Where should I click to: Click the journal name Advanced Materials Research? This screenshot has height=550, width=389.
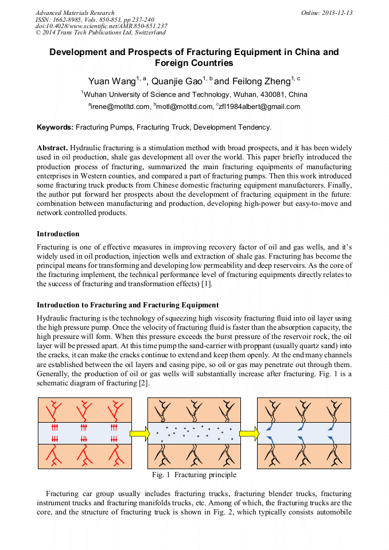(75, 13)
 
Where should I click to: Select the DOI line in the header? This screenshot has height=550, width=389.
(101, 26)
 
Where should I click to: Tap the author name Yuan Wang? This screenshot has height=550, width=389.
(111, 81)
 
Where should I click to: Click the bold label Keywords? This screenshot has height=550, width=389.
(55, 127)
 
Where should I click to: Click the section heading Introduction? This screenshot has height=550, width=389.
(58, 234)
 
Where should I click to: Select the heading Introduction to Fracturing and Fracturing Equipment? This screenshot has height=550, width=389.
(127, 305)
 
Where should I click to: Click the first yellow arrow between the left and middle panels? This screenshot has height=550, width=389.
(139, 434)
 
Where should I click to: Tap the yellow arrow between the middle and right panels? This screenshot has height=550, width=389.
(248, 434)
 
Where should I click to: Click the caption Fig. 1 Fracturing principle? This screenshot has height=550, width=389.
(194, 475)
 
